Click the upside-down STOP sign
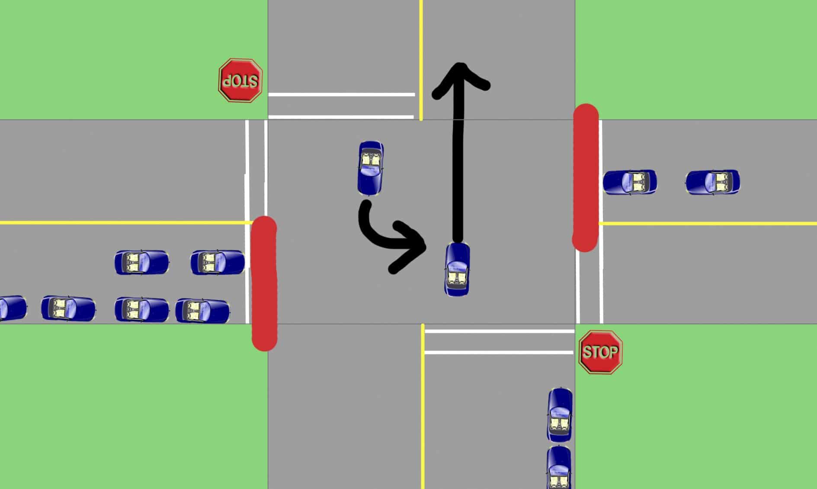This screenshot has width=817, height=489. (240, 80)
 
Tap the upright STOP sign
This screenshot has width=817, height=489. (601, 352)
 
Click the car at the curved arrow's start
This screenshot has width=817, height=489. (371, 168)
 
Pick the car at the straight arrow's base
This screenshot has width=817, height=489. (457, 269)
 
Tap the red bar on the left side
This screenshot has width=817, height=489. (264, 283)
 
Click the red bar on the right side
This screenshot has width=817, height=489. (586, 177)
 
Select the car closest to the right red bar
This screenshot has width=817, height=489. (630, 182)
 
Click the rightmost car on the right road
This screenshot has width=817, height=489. (712, 182)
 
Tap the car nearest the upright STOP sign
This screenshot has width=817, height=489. (560, 415)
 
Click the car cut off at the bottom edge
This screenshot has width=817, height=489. (559, 468)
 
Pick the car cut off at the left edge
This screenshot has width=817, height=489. (13, 309)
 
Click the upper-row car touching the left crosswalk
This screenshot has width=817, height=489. (218, 262)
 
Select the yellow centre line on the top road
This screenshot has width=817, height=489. (421, 60)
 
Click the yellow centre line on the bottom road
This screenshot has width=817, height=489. (423, 406)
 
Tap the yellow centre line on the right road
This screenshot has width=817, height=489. (708, 223)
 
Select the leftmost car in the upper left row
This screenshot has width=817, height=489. (141, 262)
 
